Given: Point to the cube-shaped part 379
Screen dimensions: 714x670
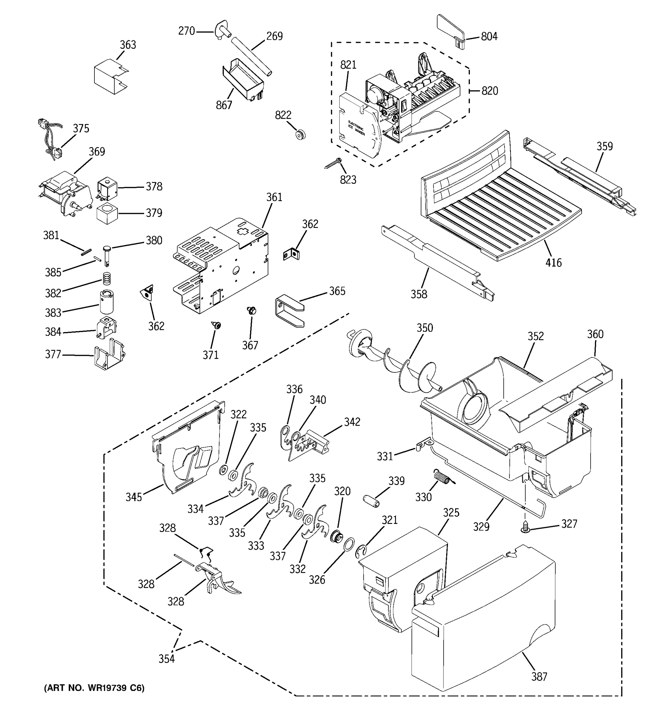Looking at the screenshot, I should pyautogui.click(x=107, y=213).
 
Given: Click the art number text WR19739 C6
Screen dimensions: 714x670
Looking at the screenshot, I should pyautogui.click(x=94, y=688).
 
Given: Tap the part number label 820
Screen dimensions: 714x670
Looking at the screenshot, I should pyautogui.click(x=490, y=90).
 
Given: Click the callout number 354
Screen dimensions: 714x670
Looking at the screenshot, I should pyautogui.click(x=166, y=659).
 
